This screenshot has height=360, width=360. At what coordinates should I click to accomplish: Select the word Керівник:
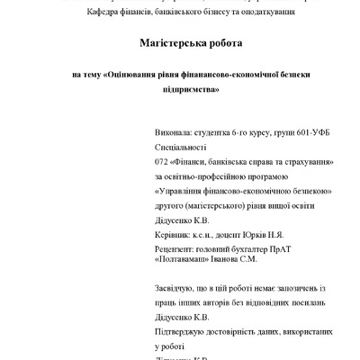[175, 232]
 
